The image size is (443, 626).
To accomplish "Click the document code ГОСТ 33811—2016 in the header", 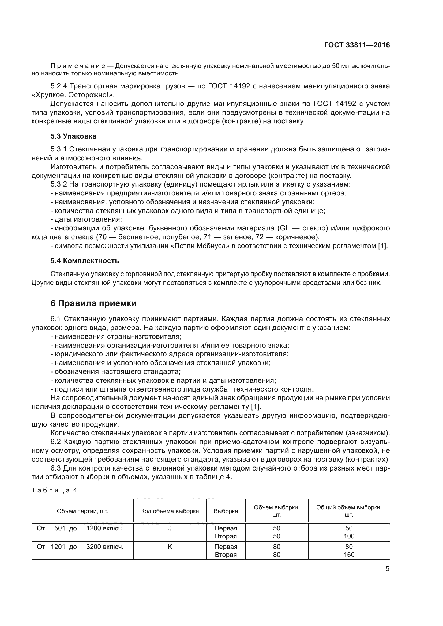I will [357, 45].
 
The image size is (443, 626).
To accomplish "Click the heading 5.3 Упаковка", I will [73, 136].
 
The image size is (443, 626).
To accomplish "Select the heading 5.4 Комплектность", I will [85, 261].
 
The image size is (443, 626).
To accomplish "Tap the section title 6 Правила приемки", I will [93, 303].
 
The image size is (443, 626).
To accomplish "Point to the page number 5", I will [387, 569].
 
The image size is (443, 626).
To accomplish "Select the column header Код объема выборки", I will [170, 511].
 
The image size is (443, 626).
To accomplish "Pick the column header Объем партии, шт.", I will [82, 511].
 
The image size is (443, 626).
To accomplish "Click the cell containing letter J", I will [170, 528].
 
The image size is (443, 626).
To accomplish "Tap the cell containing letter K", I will [170, 547].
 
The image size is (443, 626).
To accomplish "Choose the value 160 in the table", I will [349, 555].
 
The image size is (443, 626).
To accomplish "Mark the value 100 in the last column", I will [349, 536].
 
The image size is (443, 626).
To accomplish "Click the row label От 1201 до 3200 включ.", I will [80, 547].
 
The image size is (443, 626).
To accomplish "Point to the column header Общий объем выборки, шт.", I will [349, 511].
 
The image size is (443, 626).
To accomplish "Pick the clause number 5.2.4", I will [59, 86].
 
